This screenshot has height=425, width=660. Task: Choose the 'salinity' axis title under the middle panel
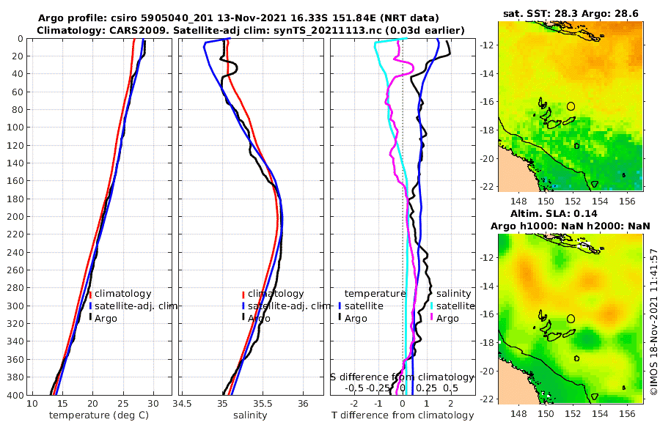[x=249, y=415]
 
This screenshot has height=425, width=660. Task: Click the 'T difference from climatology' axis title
[x=402, y=415]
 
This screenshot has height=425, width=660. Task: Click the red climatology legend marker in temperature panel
[x=90, y=294]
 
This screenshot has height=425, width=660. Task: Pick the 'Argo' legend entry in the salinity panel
[x=258, y=318]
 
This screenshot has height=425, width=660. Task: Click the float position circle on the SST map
[x=571, y=106]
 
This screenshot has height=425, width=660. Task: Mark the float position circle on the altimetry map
[x=571, y=319]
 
